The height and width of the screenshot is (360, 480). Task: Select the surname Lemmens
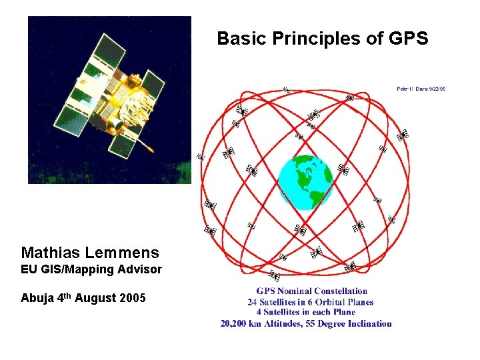point(126,253)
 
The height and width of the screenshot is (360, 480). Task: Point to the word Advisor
point(139,269)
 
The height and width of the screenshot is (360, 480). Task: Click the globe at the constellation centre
point(305,181)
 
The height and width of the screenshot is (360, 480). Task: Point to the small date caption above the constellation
point(421,88)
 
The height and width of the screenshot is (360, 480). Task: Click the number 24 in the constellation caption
point(252,302)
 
